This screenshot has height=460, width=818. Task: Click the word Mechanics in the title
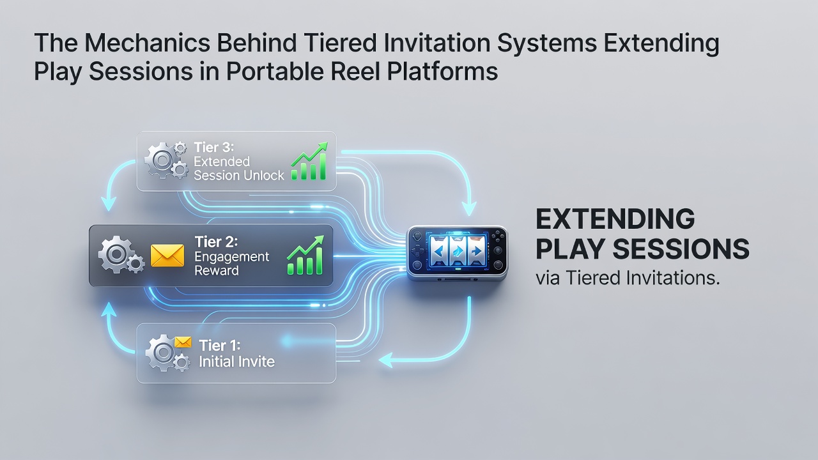tap(147, 43)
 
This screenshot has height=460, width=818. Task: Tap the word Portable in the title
tap(275, 71)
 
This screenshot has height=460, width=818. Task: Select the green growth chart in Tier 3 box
tap(309, 161)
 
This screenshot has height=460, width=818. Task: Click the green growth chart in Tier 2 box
tap(305, 255)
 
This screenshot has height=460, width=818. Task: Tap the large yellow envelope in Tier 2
tap(167, 255)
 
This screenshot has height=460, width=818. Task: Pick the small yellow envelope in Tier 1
tap(183, 342)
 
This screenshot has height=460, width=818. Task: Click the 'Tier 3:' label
tap(213, 148)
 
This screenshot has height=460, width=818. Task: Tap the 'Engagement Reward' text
tap(231, 264)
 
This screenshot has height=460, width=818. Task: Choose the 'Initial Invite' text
tap(236, 362)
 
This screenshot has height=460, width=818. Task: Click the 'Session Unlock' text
tap(239, 176)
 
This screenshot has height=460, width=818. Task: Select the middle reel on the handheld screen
tap(457, 250)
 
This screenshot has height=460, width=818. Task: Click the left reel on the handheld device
tap(439, 250)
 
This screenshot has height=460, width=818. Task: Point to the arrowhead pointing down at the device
tap(469, 208)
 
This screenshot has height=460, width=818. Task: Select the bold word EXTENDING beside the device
tap(615, 218)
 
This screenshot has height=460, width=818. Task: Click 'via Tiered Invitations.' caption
tap(628, 278)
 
